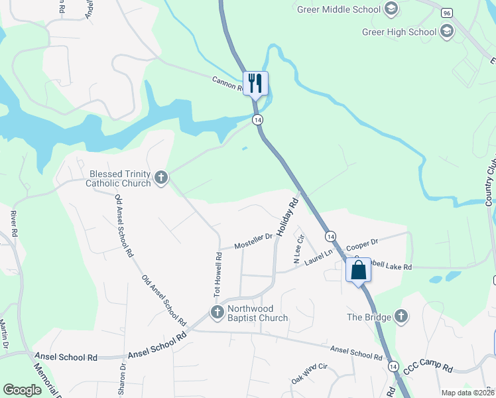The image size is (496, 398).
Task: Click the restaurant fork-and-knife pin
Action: tap(255, 84)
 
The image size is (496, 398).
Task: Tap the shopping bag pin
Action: tap(358, 270)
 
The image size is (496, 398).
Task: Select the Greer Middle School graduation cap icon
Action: tap(391, 9)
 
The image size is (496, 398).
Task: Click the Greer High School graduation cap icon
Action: tap(447, 31)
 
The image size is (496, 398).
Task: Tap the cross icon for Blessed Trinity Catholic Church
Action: tap(161, 177)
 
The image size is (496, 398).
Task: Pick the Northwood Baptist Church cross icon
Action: tap(217, 311)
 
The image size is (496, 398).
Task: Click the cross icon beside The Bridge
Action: tap(401, 316)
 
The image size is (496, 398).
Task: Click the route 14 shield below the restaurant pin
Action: tap(258, 119)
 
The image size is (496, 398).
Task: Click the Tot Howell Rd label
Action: tap(217, 273)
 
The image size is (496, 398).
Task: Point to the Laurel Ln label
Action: tap(319, 257)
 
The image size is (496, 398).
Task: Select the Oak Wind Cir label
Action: tap(310, 374)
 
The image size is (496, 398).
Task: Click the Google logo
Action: tap(23, 390)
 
